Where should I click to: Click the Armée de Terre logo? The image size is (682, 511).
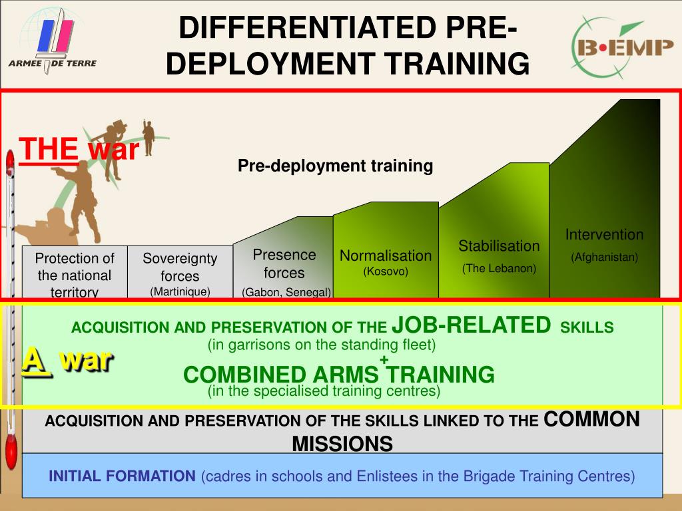point(53,41)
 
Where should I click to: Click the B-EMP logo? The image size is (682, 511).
point(623,47)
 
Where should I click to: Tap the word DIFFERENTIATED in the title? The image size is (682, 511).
point(306,27)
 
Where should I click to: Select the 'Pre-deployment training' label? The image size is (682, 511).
point(336,166)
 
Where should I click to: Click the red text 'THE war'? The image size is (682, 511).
point(79,148)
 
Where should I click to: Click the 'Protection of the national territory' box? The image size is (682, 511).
point(75,272)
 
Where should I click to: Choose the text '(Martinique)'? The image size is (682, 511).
point(180,291)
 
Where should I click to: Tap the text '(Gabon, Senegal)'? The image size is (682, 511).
point(286,292)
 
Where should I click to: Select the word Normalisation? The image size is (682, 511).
point(386,255)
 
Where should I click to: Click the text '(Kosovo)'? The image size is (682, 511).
point(386,271)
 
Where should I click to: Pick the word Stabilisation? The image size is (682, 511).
point(499,246)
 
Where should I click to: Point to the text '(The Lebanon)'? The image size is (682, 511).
point(499,269)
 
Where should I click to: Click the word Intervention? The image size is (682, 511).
point(605,235)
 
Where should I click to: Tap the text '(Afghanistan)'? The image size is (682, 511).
point(605,257)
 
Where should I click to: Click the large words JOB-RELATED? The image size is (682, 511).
point(472,325)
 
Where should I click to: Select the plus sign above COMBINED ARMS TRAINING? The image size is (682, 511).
point(384,359)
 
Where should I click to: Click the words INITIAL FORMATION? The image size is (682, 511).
point(122,476)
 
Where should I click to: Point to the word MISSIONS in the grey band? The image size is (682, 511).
point(342,444)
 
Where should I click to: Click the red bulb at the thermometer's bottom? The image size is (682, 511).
point(11,452)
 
